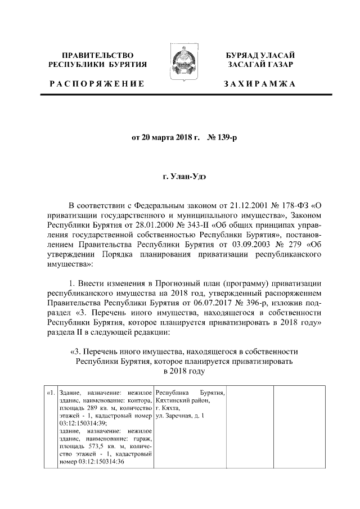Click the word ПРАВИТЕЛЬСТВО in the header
click(x=98, y=55)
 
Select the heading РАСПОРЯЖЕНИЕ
click(x=96, y=84)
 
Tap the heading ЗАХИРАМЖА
click(x=259, y=84)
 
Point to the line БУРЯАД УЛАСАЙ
click(x=259, y=55)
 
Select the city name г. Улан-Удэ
click(x=180, y=177)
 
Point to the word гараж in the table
click(x=141, y=438)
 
